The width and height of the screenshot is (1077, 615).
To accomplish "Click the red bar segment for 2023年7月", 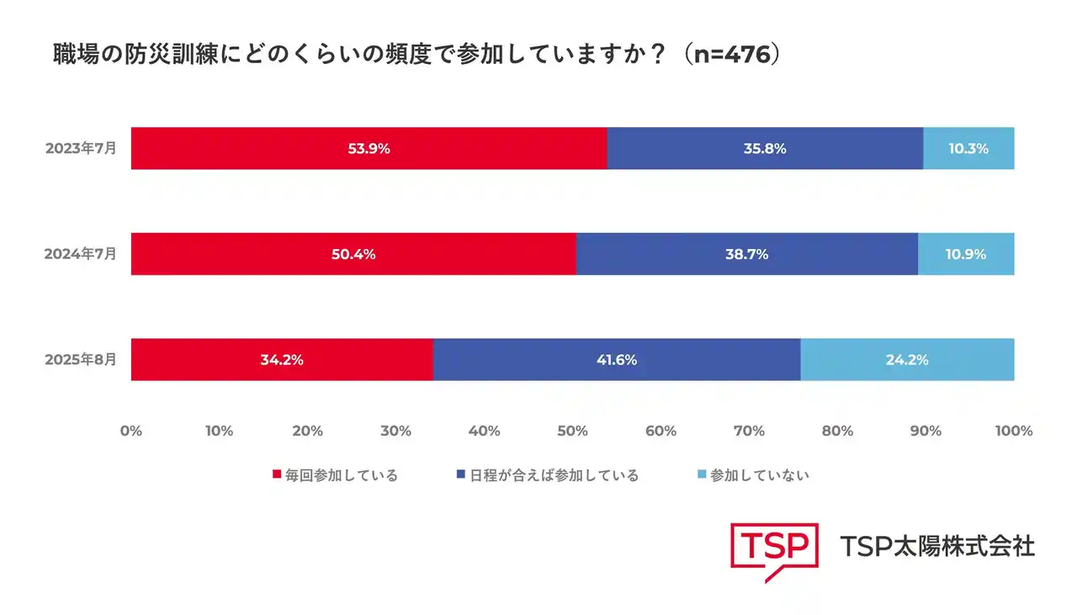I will (x=369, y=149).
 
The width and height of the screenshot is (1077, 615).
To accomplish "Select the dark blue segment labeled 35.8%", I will (x=765, y=149).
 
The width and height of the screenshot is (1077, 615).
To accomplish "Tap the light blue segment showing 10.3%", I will (x=968, y=149).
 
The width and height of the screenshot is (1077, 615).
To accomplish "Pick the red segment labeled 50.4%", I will (x=353, y=254).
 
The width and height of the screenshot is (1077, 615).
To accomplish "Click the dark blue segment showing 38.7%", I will (x=746, y=254).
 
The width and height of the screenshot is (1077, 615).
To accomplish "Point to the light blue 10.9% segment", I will (x=966, y=254).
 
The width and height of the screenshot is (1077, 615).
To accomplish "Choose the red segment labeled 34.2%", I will (x=282, y=359).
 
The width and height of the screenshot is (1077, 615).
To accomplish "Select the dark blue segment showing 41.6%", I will (x=616, y=359).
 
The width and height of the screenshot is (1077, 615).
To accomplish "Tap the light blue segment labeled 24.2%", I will (x=907, y=359).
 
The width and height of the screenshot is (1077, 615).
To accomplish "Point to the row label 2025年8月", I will (x=81, y=358).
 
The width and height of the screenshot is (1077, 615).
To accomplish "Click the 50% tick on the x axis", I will (x=573, y=431).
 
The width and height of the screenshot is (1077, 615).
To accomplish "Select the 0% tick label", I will (x=131, y=431).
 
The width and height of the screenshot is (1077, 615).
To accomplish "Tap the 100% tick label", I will (x=1013, y=431).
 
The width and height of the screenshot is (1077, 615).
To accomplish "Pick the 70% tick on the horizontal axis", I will (x=750, y=431).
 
